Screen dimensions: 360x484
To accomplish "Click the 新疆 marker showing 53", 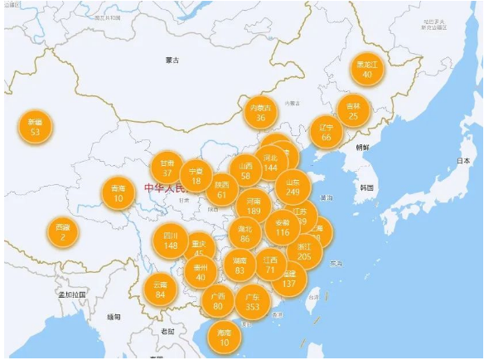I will (x=35, y=126).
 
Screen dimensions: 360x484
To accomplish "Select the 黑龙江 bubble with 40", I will (x=367, y=69).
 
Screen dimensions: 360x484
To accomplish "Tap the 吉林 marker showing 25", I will (x=354, y=110).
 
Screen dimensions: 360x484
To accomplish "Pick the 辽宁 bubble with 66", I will (x=326, y=132).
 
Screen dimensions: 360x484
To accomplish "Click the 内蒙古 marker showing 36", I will (x=260, y=113).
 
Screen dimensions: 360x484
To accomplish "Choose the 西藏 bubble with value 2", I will (x=63, y=232).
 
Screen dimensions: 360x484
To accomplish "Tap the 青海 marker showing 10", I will (x=119, y=193).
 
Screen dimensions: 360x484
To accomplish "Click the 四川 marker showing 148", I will (x=171, y=241).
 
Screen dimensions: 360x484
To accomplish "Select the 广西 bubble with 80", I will (x=218, y=301).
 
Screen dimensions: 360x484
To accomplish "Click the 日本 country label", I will (x=458, y=162).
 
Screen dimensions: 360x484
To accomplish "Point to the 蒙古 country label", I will (x=172, y=60).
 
